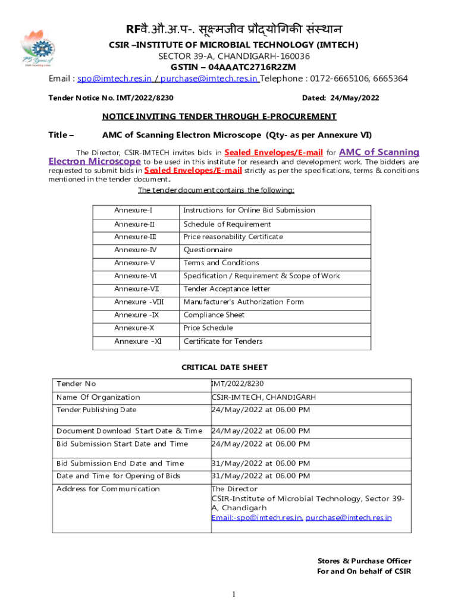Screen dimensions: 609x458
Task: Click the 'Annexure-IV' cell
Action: [x=136, y=250]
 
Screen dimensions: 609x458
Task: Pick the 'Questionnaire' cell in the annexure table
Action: [x=208, y=250]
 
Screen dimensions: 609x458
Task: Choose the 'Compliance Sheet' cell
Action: [x=214, y=315]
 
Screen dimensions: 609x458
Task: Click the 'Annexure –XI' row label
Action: [x=138, y=341]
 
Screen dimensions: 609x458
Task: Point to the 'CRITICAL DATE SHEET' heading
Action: [x=224, y=368]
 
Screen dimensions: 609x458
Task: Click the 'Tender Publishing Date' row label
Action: [x=96, y=410]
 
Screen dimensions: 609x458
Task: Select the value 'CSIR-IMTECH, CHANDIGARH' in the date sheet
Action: [x=263, y=397]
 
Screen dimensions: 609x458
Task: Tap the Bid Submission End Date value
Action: [x=261, y=463]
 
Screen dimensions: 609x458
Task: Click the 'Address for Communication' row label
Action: [x=108, y=489]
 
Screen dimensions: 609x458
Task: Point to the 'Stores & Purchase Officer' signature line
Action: [x=365, y=561]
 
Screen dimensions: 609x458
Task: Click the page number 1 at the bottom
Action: [x=235, y=595]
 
